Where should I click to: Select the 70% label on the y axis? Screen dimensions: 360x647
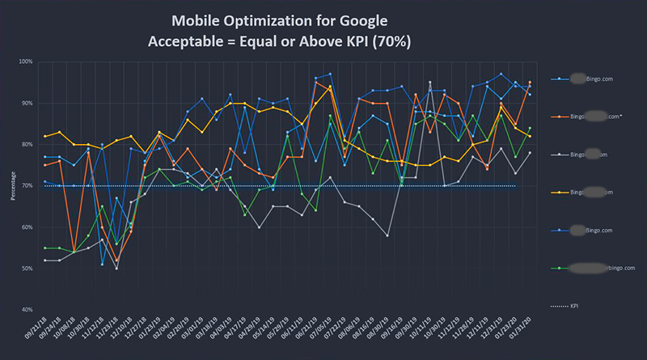click(27, 186)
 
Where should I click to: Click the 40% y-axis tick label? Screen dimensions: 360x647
click(27, 310)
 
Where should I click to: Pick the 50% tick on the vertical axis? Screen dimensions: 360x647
click(27, 269)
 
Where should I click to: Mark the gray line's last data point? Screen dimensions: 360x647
click(530, 153)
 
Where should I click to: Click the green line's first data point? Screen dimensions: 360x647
click(44, 248)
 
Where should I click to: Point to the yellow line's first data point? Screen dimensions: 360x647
click(44, 136)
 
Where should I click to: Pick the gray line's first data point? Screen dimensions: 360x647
click(44, 260)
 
